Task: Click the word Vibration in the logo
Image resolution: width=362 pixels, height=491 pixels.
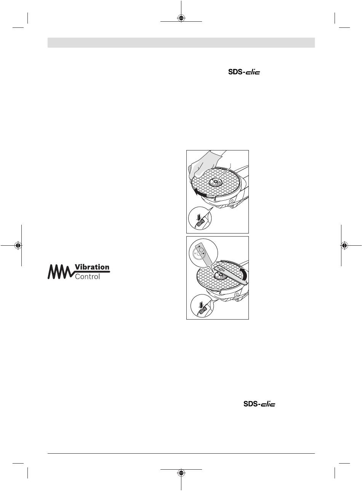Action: tap(92, 267)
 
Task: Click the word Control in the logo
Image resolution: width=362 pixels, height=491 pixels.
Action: tap(87, 277)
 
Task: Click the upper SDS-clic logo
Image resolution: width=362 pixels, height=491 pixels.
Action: tap(244, 72)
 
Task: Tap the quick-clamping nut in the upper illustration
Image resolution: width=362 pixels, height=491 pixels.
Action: tap(215, 182)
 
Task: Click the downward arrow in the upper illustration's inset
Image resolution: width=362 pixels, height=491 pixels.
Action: tap(199, 218)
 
